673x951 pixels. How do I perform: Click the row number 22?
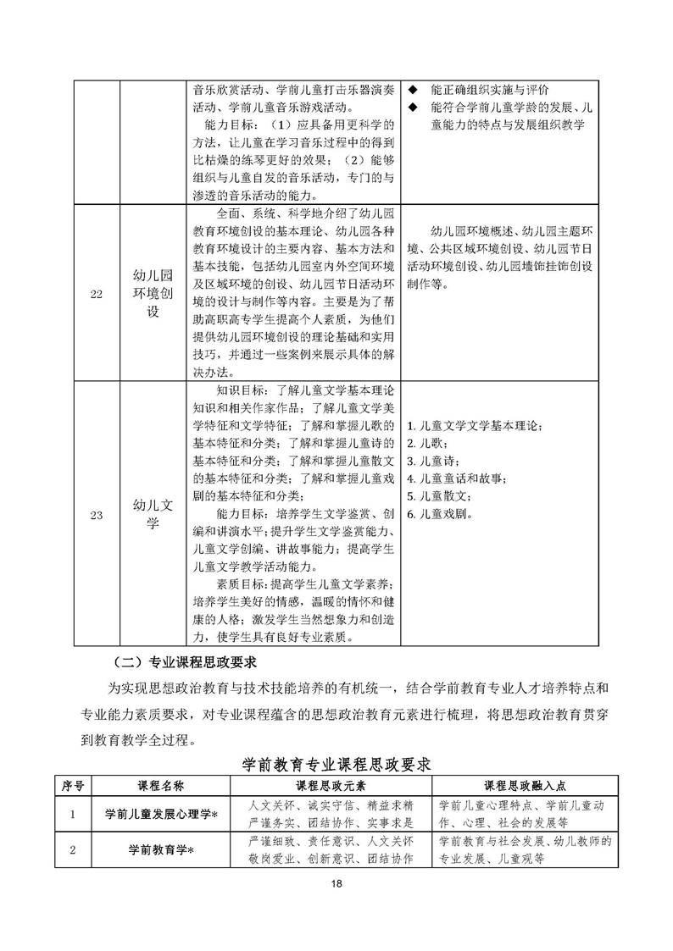pyautogui.click(x=96, y=294)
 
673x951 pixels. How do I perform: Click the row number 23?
pyautogui.click(x=96, y=514)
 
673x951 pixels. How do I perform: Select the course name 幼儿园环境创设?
pyautogui.click(x=153, y=293)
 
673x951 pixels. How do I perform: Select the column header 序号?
pyautogui.click(x=73, y=784)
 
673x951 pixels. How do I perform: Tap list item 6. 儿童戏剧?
pyautogui.click(x=440, y=514)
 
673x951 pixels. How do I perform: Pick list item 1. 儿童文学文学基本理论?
pyautogui.click(x=474, y=425)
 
